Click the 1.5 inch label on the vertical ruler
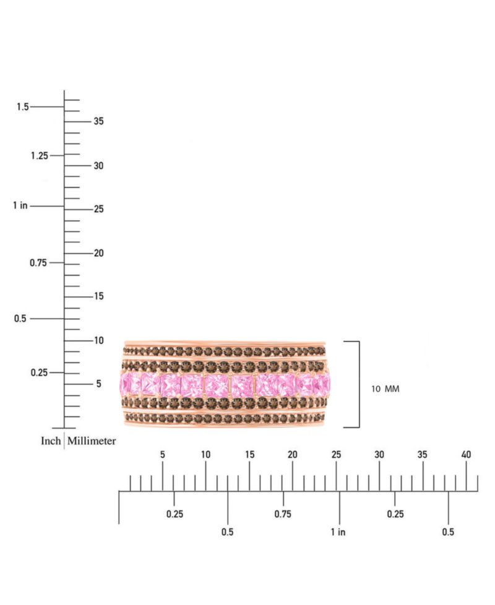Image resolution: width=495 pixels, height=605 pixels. tap(23, 106)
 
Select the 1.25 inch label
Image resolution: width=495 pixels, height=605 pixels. tap(40, 156)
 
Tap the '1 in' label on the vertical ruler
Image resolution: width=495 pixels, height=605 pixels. tap(20, 205)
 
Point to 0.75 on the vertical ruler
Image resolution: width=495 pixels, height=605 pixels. tap(38, 263)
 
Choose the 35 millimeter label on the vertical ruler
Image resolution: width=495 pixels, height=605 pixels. tap(99, 121)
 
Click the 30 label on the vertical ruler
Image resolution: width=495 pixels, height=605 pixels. tap(99, 166)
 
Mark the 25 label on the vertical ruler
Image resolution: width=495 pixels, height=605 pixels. tap(99, 209)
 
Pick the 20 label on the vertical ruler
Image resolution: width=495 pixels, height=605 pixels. tap(99, 253)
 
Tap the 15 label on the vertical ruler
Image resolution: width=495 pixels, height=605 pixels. tap(99, 296)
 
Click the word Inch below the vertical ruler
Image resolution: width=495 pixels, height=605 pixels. tap(51, 441)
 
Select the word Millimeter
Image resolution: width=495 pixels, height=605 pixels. tap(92, 441)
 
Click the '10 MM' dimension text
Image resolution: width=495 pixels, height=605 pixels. tap(385, 389)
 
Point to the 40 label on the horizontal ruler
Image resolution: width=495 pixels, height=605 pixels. tap(466, 455)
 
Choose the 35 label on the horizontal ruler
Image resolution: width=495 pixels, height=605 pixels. tap(423, 455)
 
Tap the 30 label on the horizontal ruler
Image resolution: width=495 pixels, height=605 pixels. tap(379, 455)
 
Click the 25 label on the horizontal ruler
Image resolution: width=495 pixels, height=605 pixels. tap(336, 455)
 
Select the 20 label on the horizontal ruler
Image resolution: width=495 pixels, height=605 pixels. tap(293, 455)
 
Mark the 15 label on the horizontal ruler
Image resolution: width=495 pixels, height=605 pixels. tap(249, 455)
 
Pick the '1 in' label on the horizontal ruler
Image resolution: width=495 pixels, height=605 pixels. tap(338, 532)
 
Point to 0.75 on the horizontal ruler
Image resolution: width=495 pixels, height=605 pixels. tap(283, 514)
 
